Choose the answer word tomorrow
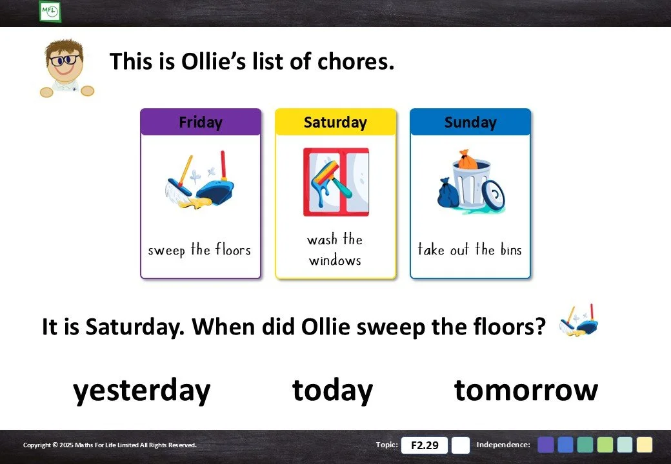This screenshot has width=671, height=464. point(526,391)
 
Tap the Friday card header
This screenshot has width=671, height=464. point(201,122)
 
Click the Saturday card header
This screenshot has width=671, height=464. point(335,122)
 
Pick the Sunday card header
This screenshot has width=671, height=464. point(470,122)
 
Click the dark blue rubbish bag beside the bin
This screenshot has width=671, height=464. point(448,193)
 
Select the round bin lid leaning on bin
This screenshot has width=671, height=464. point(494,196)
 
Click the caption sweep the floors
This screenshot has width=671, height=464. point(199,249)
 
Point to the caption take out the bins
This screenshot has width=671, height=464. point(470,249)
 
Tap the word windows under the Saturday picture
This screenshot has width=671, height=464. point(335,260)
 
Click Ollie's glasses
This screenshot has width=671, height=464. point(65,59)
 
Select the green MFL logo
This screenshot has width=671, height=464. point(50,11)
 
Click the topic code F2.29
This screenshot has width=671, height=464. point(425,445)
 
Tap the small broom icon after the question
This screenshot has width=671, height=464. point(579,321)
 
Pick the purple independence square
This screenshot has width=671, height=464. point(546,445)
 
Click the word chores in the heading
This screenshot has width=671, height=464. point(356,61)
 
